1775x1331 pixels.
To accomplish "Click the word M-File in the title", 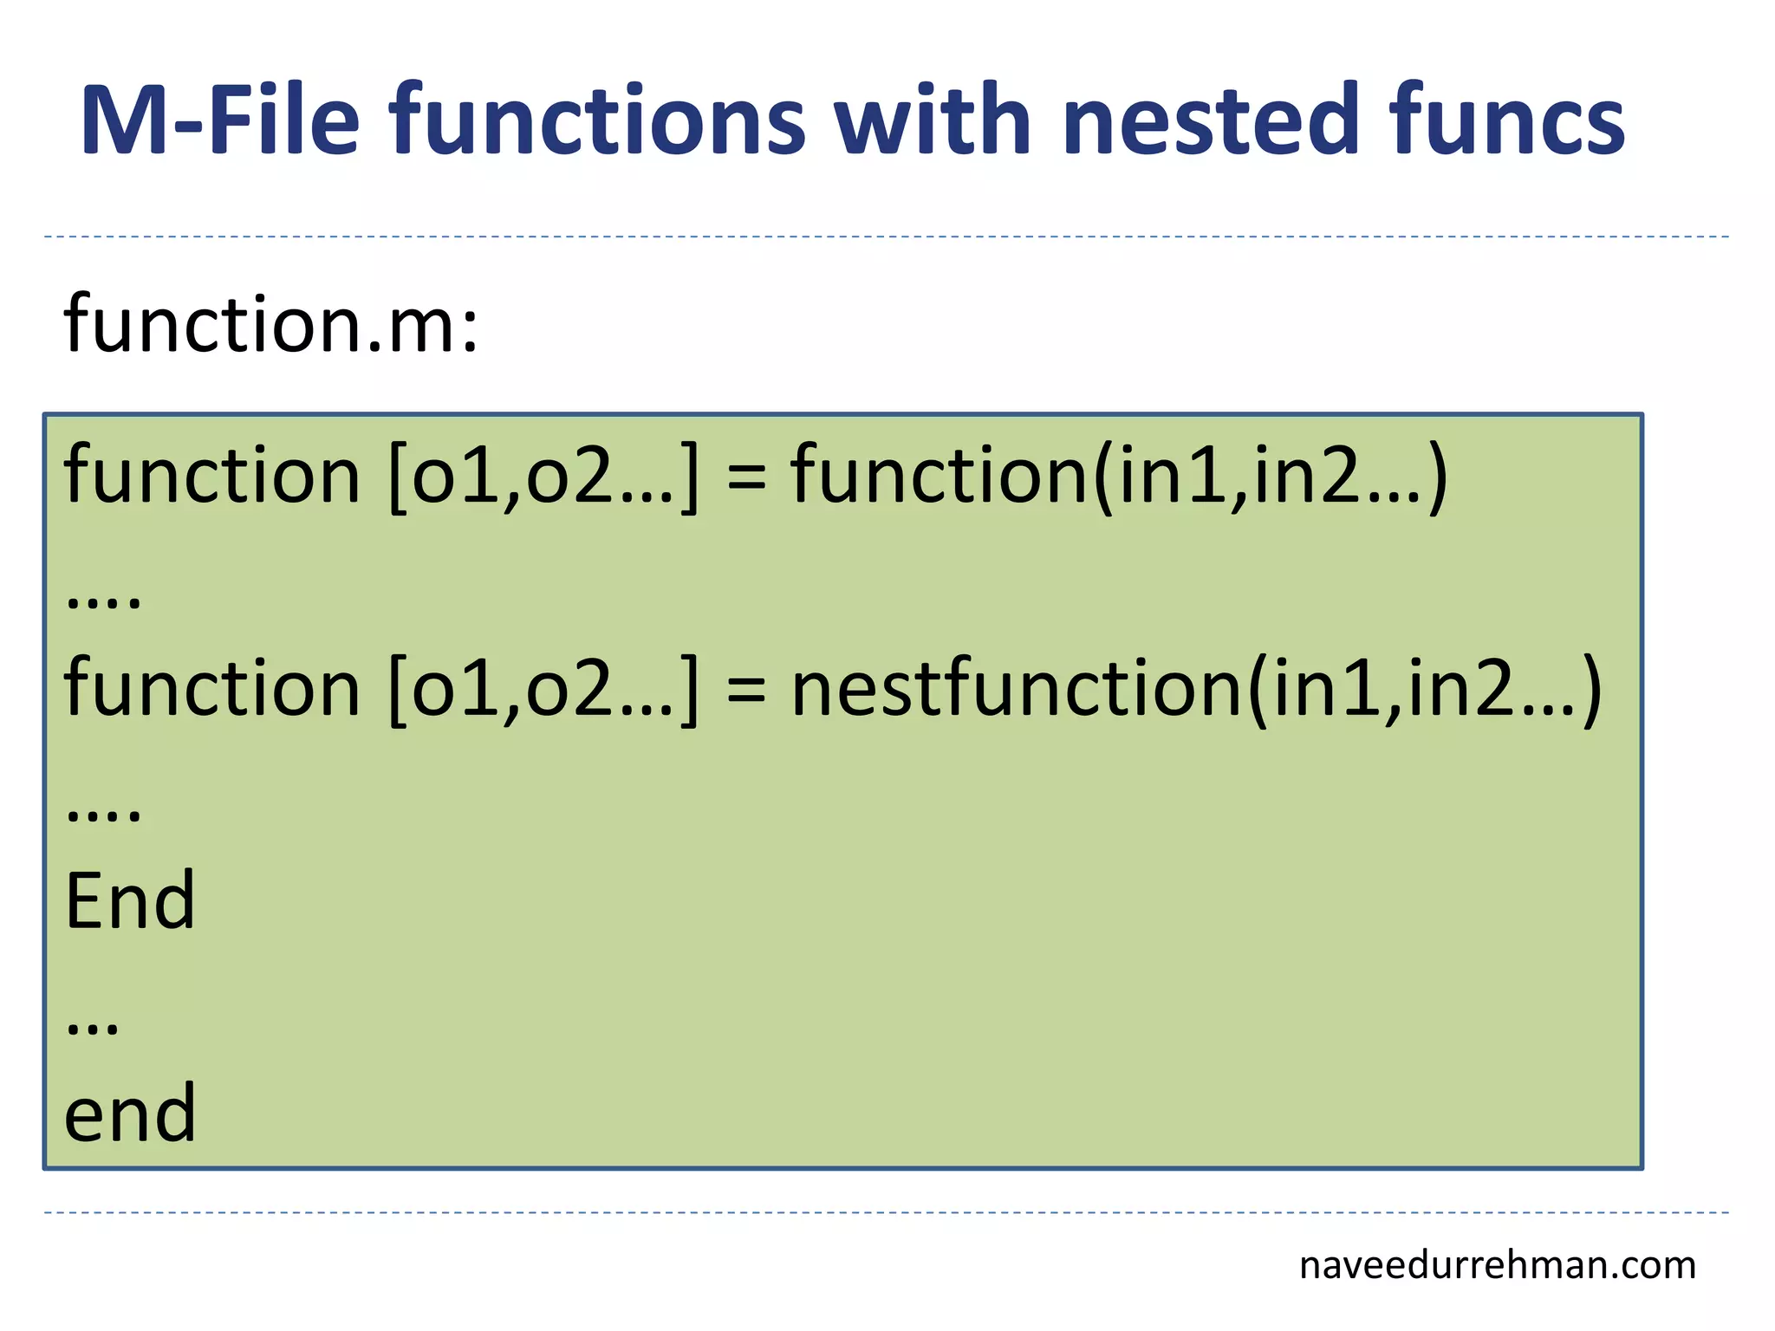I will [219, 120].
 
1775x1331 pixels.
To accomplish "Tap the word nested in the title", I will [1209, 120].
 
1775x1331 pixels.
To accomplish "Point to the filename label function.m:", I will [271, 324].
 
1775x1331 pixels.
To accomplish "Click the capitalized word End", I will [130, 902].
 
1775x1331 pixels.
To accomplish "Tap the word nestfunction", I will [1018, 689].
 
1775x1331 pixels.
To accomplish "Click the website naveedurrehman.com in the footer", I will [1497, 1266].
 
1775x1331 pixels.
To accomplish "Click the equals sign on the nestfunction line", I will [746, 691].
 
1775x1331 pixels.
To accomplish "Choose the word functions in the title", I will [597, 120].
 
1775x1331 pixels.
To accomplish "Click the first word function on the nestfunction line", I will [211, 688].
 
